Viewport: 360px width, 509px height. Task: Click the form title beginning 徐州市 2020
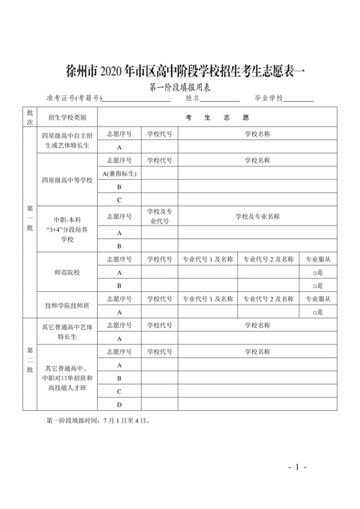[x=179, y=70]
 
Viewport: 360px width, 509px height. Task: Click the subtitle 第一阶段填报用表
[x=179, y=86]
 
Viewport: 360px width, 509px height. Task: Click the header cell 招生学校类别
[x=67, y=118]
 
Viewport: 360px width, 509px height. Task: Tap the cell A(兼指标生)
[x=120, y=174]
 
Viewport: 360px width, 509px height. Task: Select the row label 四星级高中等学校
[x=67, y=180]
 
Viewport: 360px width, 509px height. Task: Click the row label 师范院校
[x=67, y=272]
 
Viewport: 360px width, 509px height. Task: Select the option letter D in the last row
[x=120, y=404]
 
